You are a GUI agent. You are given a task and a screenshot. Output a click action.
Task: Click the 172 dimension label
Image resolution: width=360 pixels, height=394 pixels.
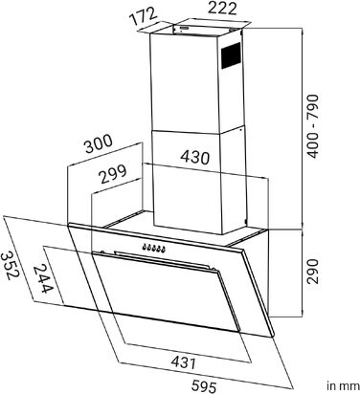tap(144, 16)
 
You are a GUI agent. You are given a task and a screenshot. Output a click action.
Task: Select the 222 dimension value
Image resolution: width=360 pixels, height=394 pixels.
tap(222, 9)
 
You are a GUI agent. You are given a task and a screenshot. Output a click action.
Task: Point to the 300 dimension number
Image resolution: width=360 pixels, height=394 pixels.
tap(99, 144)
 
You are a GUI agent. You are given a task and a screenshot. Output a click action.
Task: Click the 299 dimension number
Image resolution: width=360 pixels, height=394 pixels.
tap(113, 174)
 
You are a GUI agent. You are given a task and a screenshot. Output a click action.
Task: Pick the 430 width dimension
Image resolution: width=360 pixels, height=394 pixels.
tap(195, 157)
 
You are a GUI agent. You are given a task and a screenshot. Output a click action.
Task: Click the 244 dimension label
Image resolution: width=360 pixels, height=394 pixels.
tap(43, 279)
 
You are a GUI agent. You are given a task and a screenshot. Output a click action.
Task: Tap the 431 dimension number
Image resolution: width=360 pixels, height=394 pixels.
tap(184, 362)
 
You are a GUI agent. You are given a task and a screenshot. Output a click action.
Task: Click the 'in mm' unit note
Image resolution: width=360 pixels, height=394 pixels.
tap(343, 386)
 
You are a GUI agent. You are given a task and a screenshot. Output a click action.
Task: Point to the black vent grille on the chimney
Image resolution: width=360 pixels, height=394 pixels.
tap(231, 55)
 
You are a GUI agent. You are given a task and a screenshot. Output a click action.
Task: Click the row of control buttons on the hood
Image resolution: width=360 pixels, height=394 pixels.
tap(154, 248)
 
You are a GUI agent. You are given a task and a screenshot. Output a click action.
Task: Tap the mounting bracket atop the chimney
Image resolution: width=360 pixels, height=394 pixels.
tap(207, 29)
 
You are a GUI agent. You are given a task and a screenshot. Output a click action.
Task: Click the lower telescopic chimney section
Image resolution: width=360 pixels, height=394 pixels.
tap(199, 182)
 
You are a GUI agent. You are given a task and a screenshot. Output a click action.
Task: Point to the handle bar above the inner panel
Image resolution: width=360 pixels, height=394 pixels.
tap(166, 260)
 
